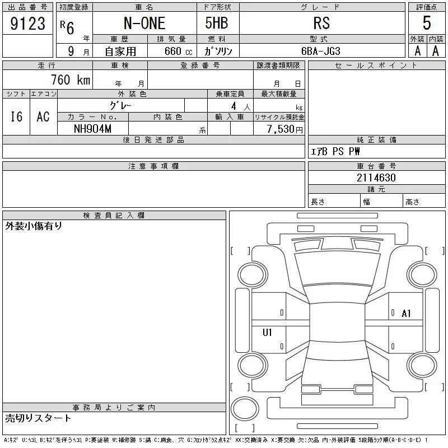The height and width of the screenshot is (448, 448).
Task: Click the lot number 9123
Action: coord(27,24)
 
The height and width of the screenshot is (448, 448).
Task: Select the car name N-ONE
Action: coord(144,23)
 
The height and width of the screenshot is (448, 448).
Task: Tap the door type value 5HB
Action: coord(217,23)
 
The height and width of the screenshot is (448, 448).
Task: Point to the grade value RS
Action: coord(321,23)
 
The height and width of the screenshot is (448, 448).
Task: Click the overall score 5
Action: coord(427,23)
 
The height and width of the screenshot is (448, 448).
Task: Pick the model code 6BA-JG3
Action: coord(321,51)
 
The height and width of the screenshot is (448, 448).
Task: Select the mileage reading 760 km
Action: coord(71,80)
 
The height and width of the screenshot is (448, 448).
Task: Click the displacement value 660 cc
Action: coord(178,52)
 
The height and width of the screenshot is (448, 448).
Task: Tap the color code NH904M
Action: coord(92,129)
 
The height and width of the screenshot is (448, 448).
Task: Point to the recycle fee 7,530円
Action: coord(284,129)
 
